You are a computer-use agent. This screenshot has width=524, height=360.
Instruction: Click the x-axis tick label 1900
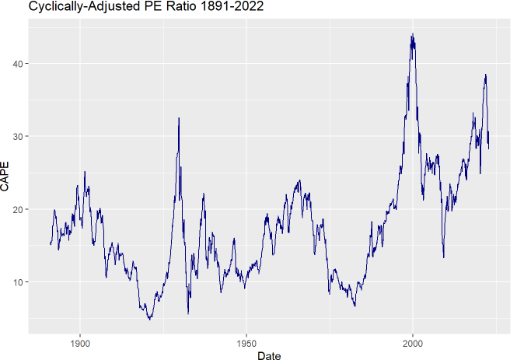click(80, 344)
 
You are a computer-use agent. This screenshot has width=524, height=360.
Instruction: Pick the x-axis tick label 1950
click(246, 344)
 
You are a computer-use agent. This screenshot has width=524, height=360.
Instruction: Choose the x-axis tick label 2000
click(413, 344)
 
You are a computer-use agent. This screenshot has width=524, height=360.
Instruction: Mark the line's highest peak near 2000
click(412, 34)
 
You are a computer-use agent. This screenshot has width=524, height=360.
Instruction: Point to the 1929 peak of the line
click(179, 117)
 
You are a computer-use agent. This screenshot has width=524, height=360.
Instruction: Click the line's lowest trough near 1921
click(149, 319)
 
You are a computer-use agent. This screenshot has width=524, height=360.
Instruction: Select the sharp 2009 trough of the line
click(443, 257)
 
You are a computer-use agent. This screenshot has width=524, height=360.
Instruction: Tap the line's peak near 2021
click(485, 75)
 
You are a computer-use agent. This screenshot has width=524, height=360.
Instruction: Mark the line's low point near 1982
click(355, 306)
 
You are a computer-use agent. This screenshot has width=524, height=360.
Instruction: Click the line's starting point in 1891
click(51, 244)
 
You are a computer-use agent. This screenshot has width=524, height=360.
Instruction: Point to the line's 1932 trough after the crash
click(188, 313)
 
